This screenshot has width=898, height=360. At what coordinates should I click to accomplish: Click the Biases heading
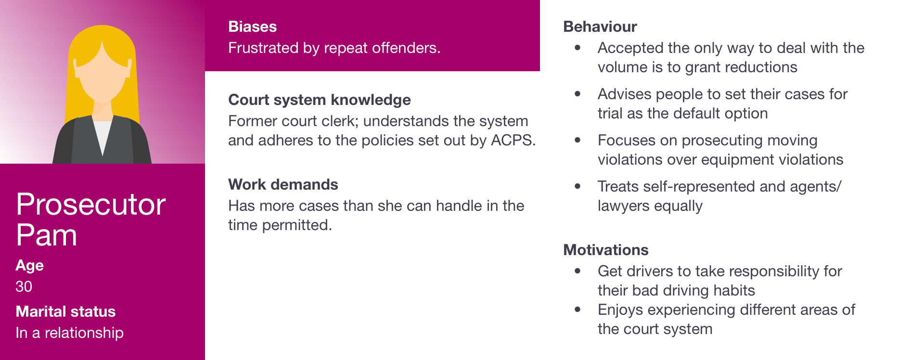pyautogui.click(x=252, y=26)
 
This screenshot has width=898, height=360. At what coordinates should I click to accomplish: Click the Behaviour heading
pyautogui.click(x=600, y=26)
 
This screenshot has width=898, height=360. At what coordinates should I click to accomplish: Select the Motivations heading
pyautogui.click(x=606, y=250)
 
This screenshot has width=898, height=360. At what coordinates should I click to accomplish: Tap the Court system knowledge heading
pyautogui.click(x=320, y=100)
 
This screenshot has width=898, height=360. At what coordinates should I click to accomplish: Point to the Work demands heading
pyautogui.click(x=283, y=184)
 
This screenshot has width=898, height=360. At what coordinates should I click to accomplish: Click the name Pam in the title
pyautogui.click(x=46, y=235)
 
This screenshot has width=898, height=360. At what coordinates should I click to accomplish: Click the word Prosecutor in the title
pyautogui.click(x=91, y=205)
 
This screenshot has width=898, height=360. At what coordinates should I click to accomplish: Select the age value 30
pyautogui.click(x=24, y=286)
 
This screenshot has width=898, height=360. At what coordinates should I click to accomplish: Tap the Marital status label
pyautogui.click(x=65, y=311)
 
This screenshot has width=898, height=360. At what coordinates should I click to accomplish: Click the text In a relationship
pyautogui.click(x=70, y=333)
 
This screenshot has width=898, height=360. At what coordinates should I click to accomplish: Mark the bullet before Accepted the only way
pyautogui.click(x=577, y=48)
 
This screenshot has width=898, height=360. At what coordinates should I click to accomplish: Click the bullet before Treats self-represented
pyautogui.click(x=577, y=186)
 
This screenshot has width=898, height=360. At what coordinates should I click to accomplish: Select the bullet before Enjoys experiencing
pyautogui.click(x=577, y=309)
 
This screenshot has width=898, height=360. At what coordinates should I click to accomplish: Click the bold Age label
pyautogui.click(x=29, y=266)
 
